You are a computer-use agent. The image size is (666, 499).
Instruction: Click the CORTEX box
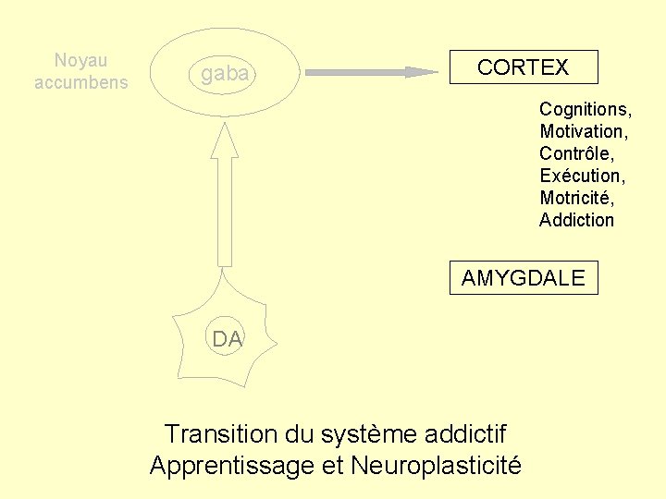coord(524,67)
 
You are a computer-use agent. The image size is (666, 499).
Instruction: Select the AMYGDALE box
coord(524,278)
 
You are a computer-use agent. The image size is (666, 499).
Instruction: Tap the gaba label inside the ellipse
coord(225,74)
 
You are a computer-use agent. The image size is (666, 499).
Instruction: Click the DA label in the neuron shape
coord(227,339)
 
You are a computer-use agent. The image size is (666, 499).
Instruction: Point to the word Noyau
coord(80,61)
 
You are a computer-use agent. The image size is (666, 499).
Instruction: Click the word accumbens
coord(81,82)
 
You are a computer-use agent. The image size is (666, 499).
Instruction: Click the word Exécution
coord(581,176)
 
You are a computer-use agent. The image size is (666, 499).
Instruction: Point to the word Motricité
coord(576,198)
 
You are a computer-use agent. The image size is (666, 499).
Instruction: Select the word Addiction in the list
coord(576,220)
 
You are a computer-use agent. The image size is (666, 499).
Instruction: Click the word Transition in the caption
coord(219,433)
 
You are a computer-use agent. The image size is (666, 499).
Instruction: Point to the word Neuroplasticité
coord(436,466)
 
